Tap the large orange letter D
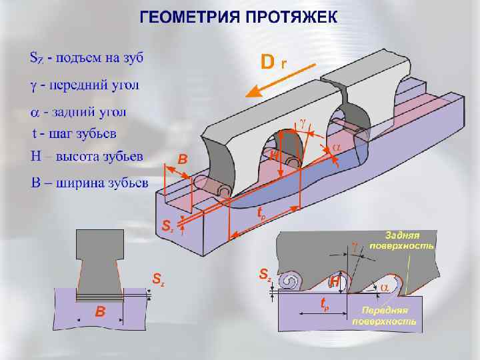[267, 63]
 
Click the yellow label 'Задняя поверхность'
[408, 240]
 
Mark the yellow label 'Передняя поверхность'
[389, 316]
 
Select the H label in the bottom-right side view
[335, 282]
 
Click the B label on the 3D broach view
[183, 159]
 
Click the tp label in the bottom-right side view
[325, 305]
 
